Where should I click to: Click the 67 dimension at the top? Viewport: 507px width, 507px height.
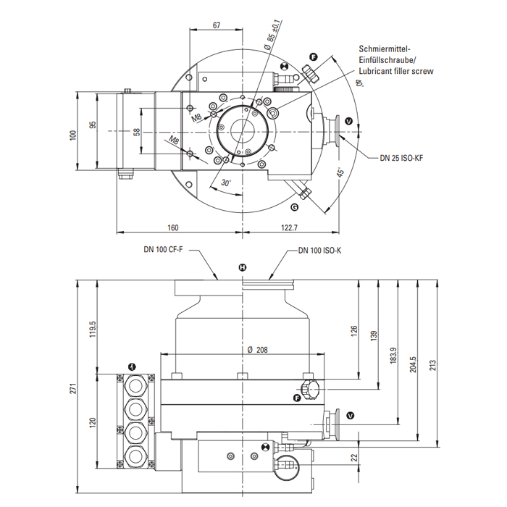[x=217, y=25]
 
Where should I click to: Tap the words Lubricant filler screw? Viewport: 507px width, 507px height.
[x=396, y=72]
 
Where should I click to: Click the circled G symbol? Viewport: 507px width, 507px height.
[x=294, y=207]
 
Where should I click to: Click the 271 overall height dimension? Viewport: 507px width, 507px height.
[x=72, y=389]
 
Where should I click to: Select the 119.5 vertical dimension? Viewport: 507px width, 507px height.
[x=92, y=330]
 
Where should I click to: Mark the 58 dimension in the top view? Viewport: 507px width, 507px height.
[x=137, y=131]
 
